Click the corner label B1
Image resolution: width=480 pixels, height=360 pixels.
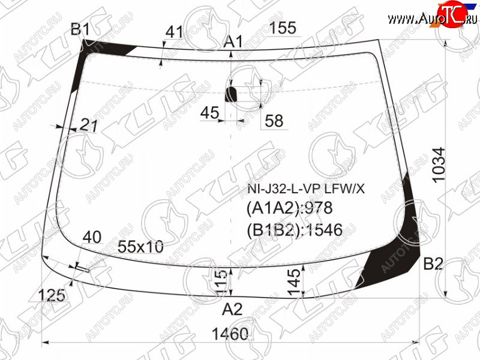point(80,29)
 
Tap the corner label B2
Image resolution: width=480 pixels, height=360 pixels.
point(433,263)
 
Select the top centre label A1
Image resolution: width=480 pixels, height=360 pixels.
point(233,41)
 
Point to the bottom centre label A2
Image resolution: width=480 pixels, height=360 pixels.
point(232,309)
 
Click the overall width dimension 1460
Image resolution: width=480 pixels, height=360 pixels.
point(230,334)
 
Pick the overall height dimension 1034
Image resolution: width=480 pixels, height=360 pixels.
point(439,166)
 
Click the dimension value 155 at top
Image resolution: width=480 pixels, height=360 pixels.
point(283,28)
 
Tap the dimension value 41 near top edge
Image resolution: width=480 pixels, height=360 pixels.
point(174,32)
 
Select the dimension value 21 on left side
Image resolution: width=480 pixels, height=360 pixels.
point(89,125)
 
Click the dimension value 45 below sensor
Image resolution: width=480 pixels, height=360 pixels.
point(209,113)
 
